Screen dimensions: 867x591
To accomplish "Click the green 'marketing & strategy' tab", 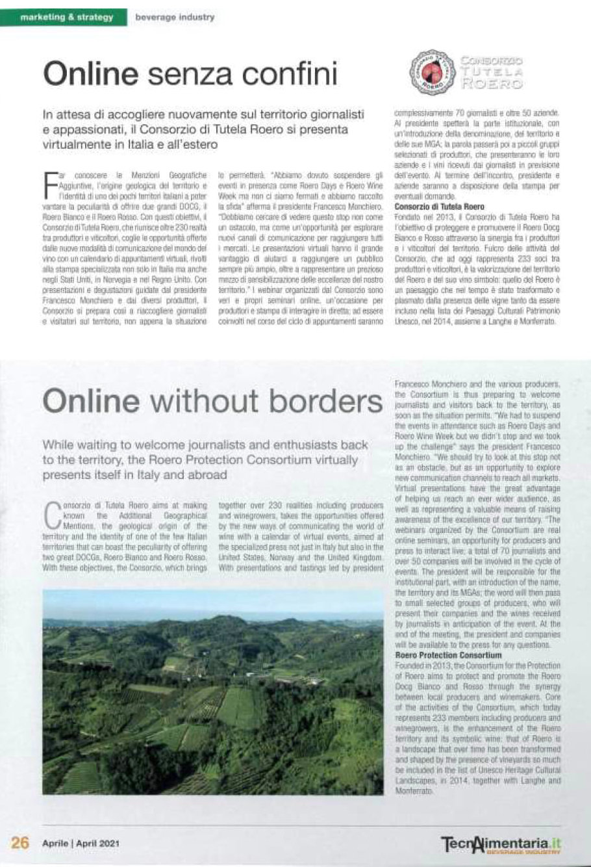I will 67,18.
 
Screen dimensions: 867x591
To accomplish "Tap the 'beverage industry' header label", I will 175,18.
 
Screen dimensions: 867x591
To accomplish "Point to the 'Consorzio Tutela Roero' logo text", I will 491,72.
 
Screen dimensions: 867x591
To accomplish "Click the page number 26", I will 19,842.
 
